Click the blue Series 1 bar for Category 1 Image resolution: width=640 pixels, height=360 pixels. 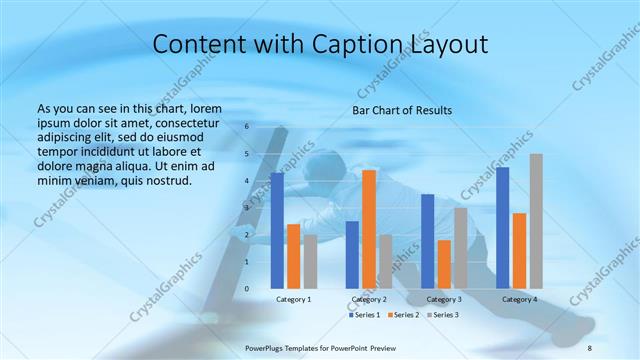point(277,230)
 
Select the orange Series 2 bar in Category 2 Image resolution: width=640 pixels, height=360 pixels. point(369,229)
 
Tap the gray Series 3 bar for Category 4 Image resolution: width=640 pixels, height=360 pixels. point(536,221)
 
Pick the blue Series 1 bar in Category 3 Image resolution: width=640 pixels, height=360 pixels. point(427,241)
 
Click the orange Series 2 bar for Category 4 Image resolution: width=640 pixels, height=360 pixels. point(519,250)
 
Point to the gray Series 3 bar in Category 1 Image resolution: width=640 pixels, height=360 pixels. point(310,261)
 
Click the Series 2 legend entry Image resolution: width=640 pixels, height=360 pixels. point(403,315)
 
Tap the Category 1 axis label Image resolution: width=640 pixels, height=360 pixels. point(294,299)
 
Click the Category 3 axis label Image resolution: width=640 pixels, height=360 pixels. point(444,299)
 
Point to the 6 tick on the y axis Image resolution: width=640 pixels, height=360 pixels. point(246,127)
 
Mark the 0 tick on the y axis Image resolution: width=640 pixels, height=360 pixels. point(246,289)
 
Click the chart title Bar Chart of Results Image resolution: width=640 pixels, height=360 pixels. point(402,110)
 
